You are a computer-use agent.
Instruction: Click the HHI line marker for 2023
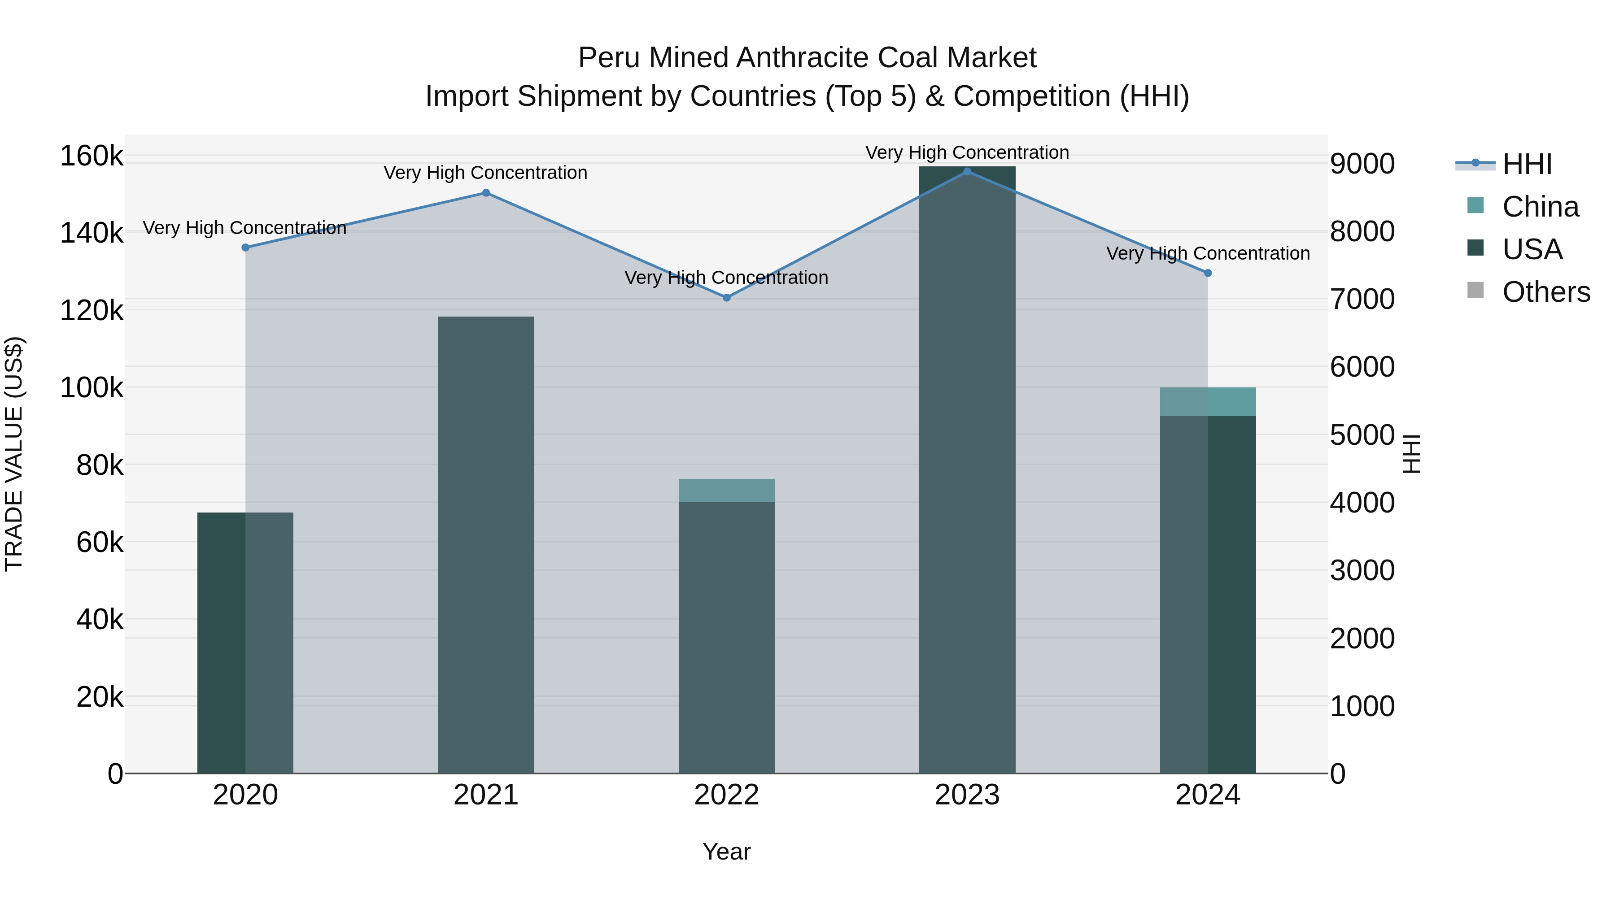tap(967, 172)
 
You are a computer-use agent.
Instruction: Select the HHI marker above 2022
tap(727, 298)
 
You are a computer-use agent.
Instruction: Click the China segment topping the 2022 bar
tap(727, 490)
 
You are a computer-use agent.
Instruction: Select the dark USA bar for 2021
tap(486, 545)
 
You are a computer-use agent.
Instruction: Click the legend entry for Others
tap(1545, 292)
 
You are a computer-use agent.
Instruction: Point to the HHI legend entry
tap(1527, 164)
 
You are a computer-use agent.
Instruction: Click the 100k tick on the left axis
tap(92, 388)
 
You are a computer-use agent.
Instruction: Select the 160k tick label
tap(92, 156)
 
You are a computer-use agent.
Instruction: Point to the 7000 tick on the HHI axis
tap(1362, 299)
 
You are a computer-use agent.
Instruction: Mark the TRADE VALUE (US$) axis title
tap(14, 454)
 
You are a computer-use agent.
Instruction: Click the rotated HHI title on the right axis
tap(1411, 454)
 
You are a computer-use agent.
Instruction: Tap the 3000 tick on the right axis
tap(1362, 571)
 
